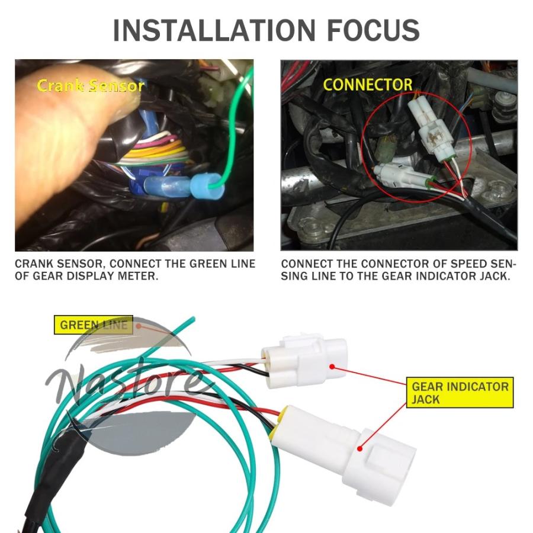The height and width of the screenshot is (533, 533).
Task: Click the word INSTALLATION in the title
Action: pos(214,31)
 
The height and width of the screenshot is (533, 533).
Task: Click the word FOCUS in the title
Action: pos(373,31)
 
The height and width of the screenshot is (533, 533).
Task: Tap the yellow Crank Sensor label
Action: pos(91,86)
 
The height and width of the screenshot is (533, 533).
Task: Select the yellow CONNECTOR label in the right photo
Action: pos(368,85)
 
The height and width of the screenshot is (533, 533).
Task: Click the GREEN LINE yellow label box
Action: pos(94,325)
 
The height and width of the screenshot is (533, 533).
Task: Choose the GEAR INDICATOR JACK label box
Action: pos(460,393)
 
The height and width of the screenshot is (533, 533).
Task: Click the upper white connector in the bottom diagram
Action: pos(305,362)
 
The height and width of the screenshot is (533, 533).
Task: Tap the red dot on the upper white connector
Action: pos(332,367)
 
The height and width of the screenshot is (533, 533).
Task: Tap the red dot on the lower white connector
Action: pos(360,449)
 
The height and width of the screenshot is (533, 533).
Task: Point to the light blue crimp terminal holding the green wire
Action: pos(206,187)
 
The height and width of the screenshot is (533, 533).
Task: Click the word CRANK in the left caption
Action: pos(35,264)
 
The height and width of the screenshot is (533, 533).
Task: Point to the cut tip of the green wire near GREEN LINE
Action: pos(193,319)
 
